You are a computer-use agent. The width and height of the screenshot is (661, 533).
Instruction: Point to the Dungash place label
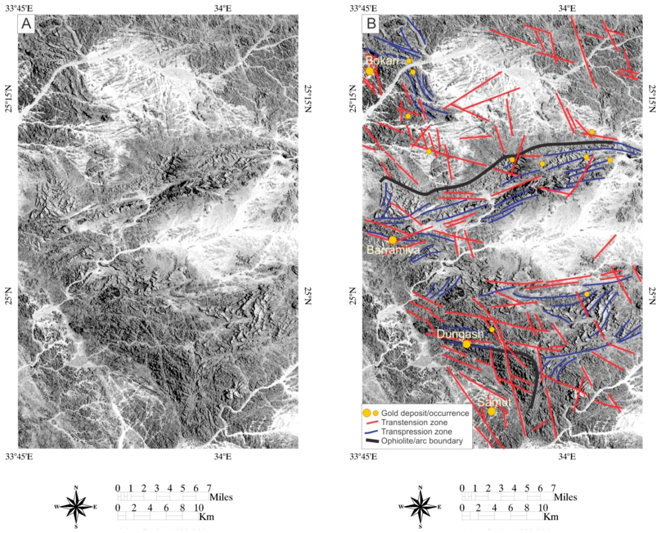pos(460,334)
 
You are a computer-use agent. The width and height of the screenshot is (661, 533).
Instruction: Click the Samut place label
pos(494,402)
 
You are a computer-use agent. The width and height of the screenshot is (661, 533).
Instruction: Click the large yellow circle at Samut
pos(491,412)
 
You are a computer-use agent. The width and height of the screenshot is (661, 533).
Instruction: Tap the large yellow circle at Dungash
pos(466,344)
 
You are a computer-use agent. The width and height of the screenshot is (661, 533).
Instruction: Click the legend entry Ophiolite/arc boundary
pos(422,441)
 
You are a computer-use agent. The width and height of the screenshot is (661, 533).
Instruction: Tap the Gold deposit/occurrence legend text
pos(425,413)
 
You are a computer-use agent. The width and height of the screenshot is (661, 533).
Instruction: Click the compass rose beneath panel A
pos(76,507)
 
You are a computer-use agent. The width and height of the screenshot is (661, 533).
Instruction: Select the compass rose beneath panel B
pos(421,507)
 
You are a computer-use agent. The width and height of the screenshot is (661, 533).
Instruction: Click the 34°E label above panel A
pos(223,8)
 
